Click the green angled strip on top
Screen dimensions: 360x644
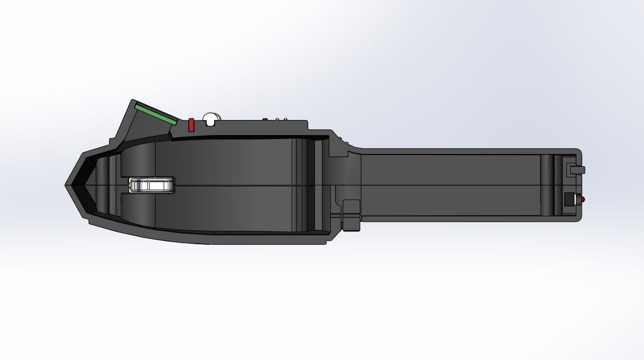coord(155,114)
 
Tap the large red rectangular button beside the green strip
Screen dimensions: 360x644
coord(191,125)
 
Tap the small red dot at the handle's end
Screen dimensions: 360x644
coord(582,200)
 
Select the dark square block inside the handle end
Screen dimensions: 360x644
coord(569,200)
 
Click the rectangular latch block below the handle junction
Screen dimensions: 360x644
coord(351,215)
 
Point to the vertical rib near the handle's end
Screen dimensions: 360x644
coord(547,185)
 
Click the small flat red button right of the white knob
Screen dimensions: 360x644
coord(265,119)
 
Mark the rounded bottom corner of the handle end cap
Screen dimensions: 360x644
coord(578,217)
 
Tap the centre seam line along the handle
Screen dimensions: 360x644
coord(452,185)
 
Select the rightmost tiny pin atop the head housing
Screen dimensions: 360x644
coord(285,119)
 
